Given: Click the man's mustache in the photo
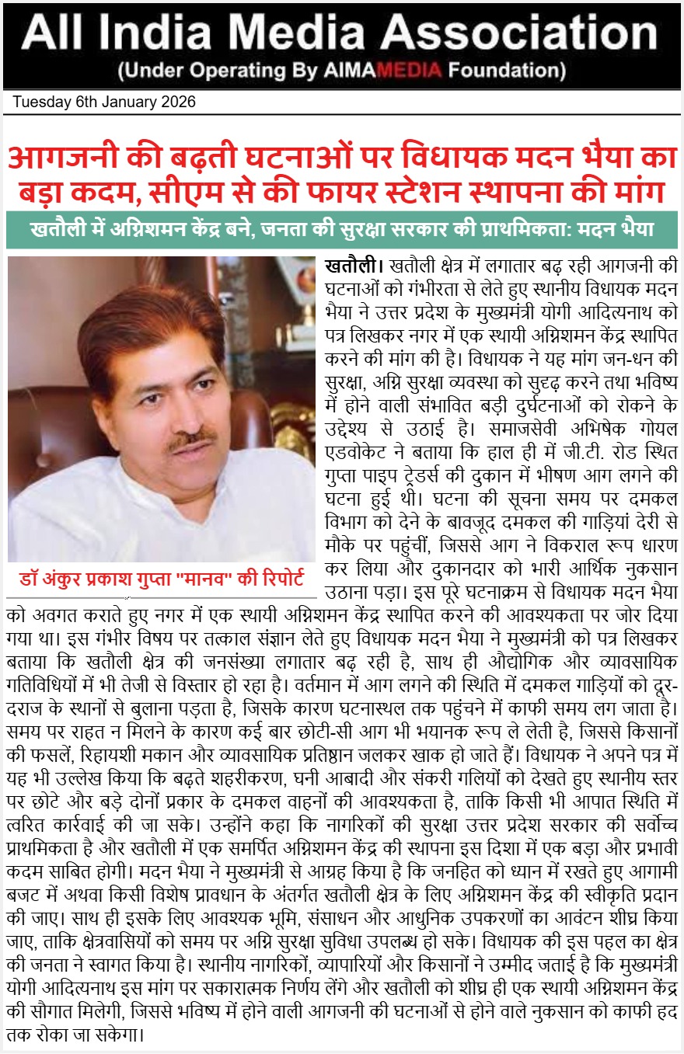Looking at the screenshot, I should point(190,438).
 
